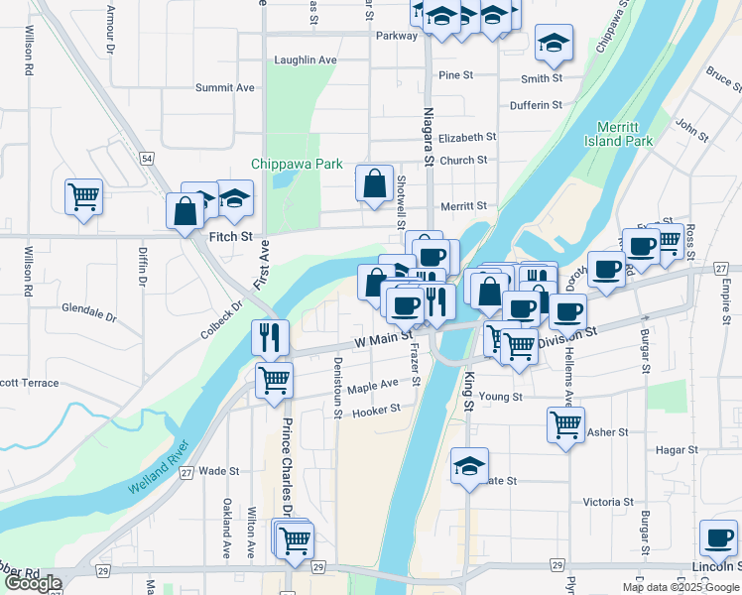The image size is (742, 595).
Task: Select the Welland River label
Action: [165, 475]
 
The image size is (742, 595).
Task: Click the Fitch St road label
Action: [231, 238]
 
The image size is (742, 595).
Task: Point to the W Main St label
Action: [383, 339]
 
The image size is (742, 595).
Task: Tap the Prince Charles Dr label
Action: [287, 467]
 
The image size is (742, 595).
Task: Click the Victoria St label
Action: [608, 502]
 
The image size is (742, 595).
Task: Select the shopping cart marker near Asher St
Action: [565, 424]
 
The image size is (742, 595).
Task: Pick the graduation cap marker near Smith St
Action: [553, 42]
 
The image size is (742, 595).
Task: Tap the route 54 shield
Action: [146, 159]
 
